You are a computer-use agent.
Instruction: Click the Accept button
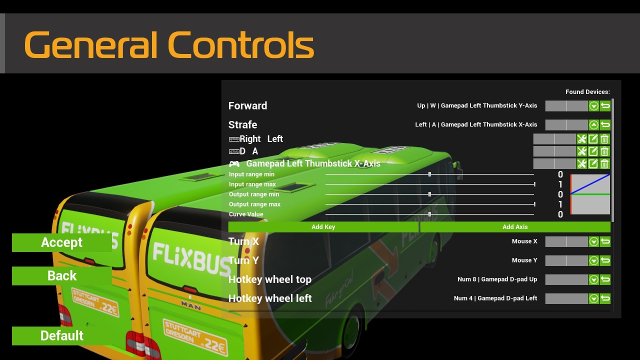[61, 242]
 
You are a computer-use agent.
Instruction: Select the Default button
[61, 335]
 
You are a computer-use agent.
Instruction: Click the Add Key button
[323, 227]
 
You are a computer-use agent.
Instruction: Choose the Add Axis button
[515, 227]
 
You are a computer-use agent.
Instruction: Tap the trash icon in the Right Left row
[604, 139]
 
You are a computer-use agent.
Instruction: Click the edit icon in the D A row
[593, 151]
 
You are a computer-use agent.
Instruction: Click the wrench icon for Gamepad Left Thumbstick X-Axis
[581, 163]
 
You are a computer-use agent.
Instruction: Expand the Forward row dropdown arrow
[593, 106]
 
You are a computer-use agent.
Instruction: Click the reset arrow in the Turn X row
[605, 241]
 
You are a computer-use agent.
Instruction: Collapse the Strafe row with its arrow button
[593, 125]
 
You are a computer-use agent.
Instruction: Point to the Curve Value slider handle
[429, 214]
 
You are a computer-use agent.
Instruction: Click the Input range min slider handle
[429, 174]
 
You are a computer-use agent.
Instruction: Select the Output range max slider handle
[534, 204]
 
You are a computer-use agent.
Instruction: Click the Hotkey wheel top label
[269, 279]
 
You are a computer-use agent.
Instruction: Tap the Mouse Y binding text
[524, 260]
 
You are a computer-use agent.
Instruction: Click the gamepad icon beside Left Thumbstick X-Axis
[234, 164]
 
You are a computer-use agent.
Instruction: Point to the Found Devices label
[587, 92]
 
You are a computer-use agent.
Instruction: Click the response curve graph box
[590, 194]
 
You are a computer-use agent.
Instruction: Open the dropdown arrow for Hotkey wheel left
[593, 298]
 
